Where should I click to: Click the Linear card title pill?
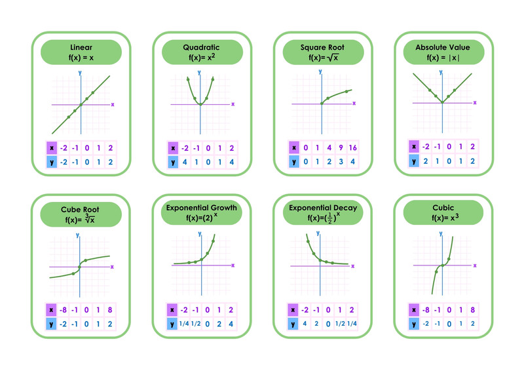pyautogui.click(x=81, y=52)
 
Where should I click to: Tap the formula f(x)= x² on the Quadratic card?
pyautogui.click(x=202, y=57)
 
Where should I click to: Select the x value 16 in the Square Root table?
pyautogui.click(x=352, y=147)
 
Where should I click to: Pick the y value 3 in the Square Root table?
pyautogui.click(x=341, y=162)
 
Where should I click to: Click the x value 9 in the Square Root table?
pyautogui.click(x=341, y=147)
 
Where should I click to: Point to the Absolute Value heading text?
pyautogui.click(x=443, y=47)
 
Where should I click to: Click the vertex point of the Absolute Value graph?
pyautogui.click(x=442, y=102)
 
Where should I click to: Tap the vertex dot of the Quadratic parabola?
pyautogui.click(x=200, y=104)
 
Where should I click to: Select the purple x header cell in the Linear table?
pyautogui.click(x=52, y=148)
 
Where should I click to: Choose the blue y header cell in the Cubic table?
pyautogui.click(x=414, y=324)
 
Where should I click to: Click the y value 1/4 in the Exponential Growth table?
pyautogui.click(x=184, y=324)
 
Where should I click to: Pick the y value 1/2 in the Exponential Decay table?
pyautogui.click(x=340, y=324)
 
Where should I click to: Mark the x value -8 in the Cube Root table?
pyautogui.click(x=63, y=310)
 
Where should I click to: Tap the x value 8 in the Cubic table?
pyautogui.click(x=472, y=310)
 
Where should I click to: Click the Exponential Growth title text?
pyautogui.click(x=202, y=208)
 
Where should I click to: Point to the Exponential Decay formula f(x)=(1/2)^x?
pyautogui.click(x=324, y=218)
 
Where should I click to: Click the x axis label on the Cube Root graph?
pyautogui.click(x=112, y=267)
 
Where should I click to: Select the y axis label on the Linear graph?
pyautogui.click(x=80, y=73)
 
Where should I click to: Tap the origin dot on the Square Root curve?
pyautogui.click(x=322, y=104)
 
